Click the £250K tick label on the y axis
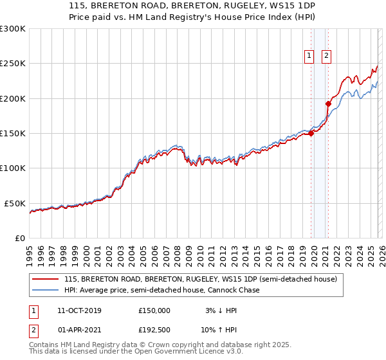(13, 64)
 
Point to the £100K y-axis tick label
(13, 168)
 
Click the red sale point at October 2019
(311, 133)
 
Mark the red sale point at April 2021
(327, 104)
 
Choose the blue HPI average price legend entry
(161, 291)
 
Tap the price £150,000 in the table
(154, 310)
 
